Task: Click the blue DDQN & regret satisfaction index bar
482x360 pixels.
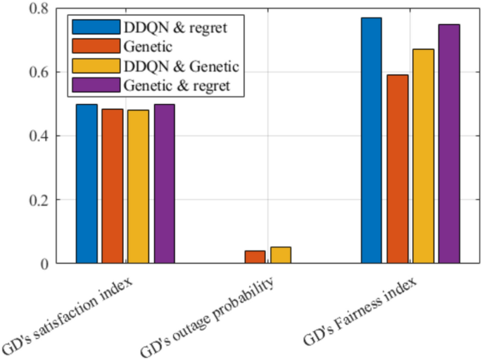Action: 87,184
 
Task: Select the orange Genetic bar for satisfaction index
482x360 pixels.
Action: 113,186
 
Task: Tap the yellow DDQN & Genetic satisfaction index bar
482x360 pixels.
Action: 138,187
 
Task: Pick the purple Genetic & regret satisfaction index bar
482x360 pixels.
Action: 164,184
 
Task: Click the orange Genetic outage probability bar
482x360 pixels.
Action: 255,257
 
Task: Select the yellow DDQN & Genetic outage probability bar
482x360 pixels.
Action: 281,255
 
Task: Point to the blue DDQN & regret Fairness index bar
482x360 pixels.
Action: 372,141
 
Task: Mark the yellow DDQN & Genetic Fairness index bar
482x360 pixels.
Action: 423,156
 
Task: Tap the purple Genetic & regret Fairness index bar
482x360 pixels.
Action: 449,144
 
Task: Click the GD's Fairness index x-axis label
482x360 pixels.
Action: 360,312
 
